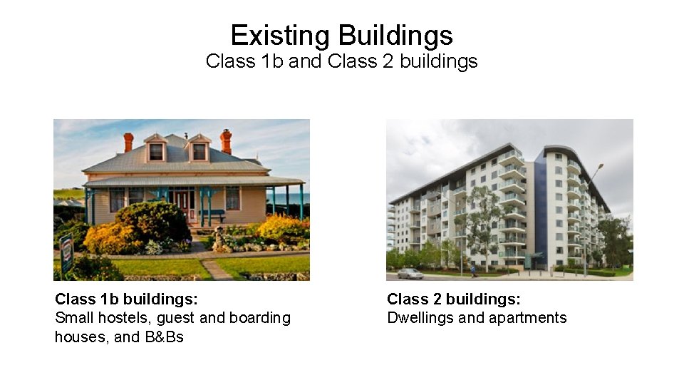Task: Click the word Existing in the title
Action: click(280, 35)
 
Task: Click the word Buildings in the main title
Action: click(395, 35)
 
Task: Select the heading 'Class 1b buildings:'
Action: click(126, 299)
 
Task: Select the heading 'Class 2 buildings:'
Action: click(453, 299)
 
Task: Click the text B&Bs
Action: click(165, 337)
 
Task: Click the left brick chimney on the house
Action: click(128, 142)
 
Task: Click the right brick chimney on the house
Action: click(226, 140)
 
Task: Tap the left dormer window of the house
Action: click(155, 150)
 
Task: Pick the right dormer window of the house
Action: click(199, 150)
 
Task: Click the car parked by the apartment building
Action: click(410, 273)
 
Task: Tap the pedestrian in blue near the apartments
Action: click(472, 270)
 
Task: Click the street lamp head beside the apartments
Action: click(601, 166)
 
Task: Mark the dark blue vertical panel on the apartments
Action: click(540, 214)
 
